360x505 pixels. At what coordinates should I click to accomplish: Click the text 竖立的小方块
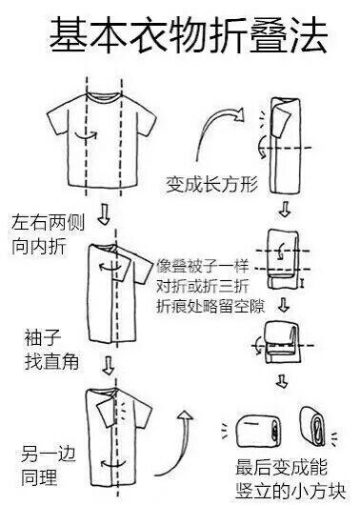[x=289, y=489]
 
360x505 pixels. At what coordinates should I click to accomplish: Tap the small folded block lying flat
[x=260, y=428]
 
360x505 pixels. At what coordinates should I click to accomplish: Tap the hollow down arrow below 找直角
[x=110, y=365]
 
